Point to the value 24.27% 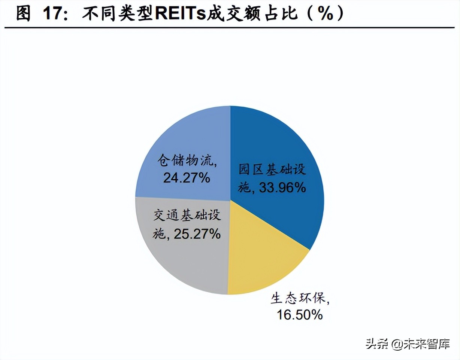pyautogui.click(x=186, y=177)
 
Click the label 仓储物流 pyautogui.click(x=183, y=161)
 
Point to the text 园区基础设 pyautogui.click(x=272, y=171)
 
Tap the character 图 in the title pyautogui.click(x=23, y=14)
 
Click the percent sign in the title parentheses pyautogui.click(x=325, y=14)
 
